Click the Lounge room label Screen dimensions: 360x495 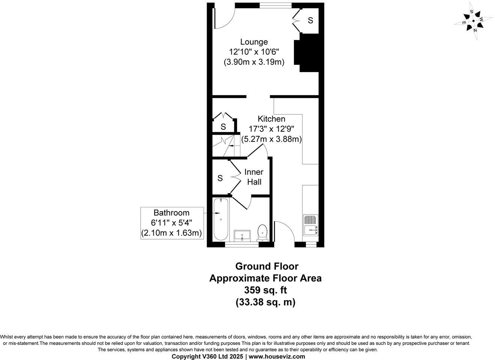254,42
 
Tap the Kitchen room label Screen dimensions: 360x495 271,119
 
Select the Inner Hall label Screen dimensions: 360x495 254,177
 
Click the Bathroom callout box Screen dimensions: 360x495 172,223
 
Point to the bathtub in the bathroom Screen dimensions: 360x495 220,219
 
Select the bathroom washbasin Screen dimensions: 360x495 242,235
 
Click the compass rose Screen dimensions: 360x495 474,21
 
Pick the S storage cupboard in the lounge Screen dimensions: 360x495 310,21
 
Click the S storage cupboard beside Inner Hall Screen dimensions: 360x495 220,178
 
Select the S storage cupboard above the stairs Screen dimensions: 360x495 223,127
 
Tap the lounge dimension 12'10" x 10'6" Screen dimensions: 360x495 254,52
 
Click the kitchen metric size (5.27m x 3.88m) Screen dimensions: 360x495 271,139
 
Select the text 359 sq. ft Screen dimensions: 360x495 265,290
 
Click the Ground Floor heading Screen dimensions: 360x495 267,266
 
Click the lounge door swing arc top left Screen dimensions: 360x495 225,17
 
